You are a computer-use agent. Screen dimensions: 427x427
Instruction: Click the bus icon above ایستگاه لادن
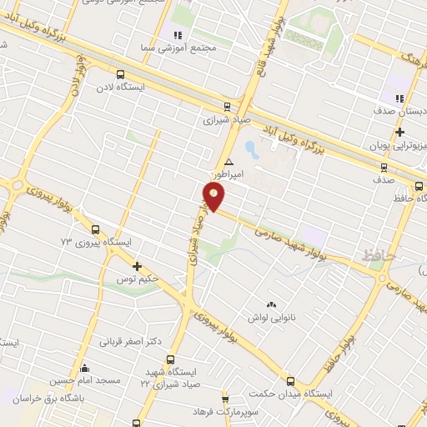[122, 73]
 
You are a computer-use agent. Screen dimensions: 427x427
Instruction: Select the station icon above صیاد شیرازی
[226, 105]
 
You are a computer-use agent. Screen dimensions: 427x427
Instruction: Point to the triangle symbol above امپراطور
[229, 163]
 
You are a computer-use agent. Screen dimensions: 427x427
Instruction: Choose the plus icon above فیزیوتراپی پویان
[399, 132]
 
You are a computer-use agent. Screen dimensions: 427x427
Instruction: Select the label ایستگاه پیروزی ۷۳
[98, 242]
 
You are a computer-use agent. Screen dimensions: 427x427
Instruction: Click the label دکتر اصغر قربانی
[129, 342]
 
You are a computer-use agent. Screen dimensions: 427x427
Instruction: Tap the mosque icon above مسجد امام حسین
[83, 368]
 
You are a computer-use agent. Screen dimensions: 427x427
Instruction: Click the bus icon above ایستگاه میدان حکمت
[290, 379]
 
